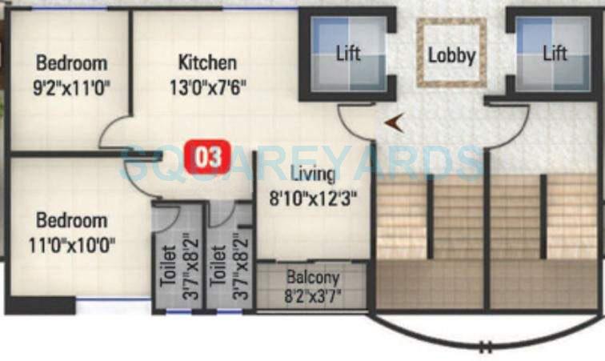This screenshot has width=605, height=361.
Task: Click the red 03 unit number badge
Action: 207,156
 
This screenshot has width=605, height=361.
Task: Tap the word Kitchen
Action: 207,62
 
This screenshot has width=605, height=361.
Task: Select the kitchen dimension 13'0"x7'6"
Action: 207,86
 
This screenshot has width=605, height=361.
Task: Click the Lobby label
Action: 451,55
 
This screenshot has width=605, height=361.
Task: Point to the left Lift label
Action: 348,54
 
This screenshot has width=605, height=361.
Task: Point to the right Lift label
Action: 555,54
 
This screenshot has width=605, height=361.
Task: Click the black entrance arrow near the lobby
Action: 393,122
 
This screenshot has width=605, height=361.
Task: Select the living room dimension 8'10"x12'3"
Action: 312,196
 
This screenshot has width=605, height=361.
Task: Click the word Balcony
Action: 312,278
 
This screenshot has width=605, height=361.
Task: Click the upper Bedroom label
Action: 71,62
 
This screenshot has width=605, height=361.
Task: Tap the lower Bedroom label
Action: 71,220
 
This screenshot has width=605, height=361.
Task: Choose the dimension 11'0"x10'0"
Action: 71,243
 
